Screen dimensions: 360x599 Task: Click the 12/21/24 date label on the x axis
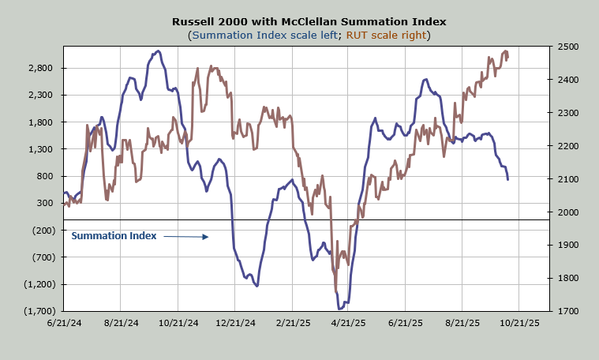[236, 323]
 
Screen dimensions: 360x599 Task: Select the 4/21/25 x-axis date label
[347, 323]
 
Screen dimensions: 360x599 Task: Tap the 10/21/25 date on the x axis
[519, 323]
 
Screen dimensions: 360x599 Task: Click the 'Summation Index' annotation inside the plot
[114, 235]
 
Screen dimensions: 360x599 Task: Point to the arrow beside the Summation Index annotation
[186, 236]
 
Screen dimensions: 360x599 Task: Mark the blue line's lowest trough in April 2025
[339, 309]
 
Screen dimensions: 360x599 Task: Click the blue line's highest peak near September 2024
[158, 51]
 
